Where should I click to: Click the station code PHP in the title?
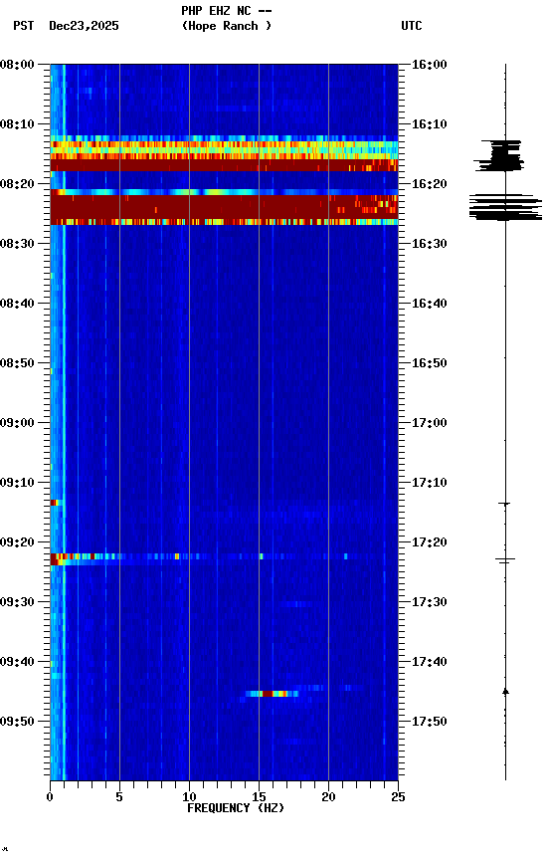tap(191, 10)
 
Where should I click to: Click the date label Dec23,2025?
tap(84, 26)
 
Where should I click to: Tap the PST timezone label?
tap(24, 26)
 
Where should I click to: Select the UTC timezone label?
tap(412, 26)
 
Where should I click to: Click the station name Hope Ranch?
tap(227, 26)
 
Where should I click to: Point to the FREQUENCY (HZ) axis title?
tap(234, 808)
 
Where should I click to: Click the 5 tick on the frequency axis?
tap(119, 796)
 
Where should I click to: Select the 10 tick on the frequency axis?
tap(189, 796)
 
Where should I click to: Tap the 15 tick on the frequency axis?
tap(259, 796)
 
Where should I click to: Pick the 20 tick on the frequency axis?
tap(328, 796)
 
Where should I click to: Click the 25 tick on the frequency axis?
tap(398, 796)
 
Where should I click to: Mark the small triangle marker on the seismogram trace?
tap(505, 690)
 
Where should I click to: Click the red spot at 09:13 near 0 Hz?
tap(54, 503)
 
